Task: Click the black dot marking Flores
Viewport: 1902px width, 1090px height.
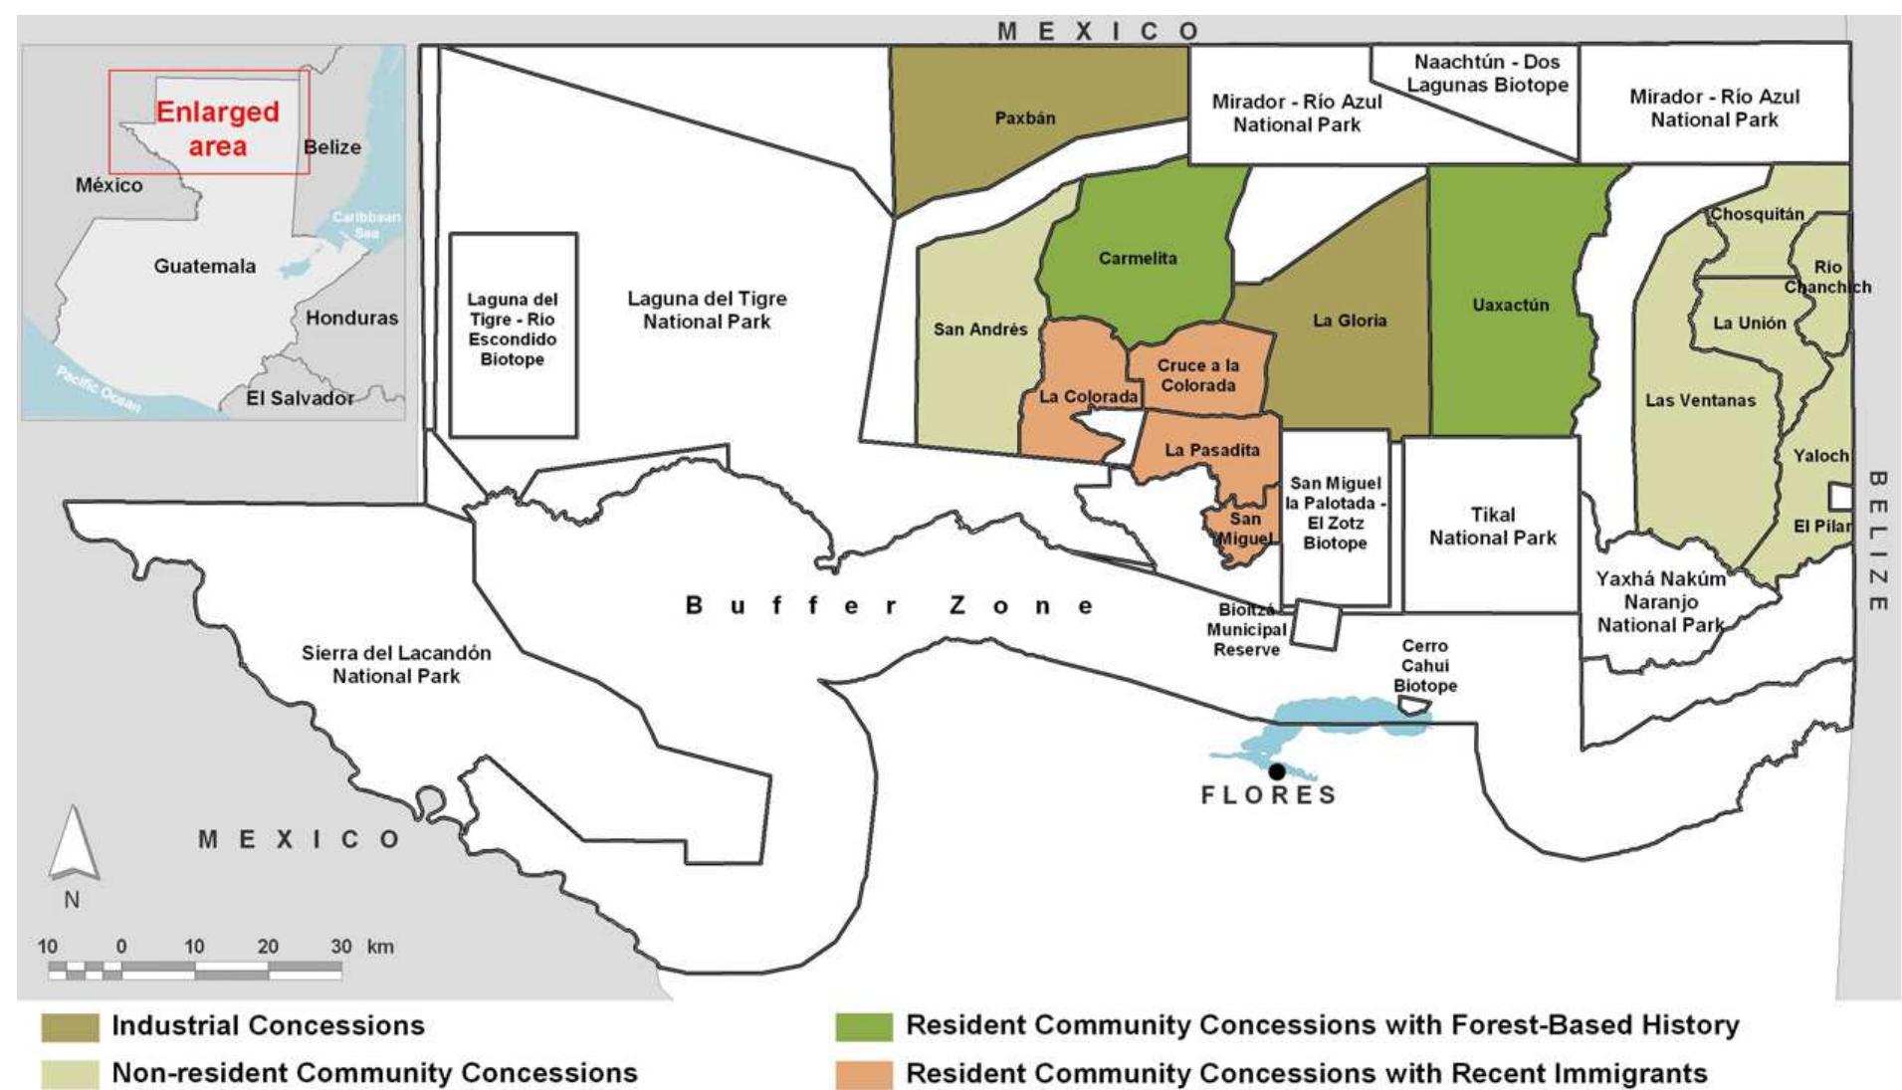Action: coord(1277,771)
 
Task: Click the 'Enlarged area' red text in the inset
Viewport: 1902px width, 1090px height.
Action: coord(217,128)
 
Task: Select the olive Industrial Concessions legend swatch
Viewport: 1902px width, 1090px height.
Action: coord(70,1026)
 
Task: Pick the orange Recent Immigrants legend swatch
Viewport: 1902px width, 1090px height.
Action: coord(864,1074)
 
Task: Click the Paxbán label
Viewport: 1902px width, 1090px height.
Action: coord(1025,117)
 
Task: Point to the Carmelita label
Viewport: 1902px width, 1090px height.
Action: coord(1138,258)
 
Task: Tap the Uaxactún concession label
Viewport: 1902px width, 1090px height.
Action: coord(1510,305)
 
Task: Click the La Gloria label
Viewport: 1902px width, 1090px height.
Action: coord(1350,320)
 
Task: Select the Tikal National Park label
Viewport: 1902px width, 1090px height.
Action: coord(1493,526)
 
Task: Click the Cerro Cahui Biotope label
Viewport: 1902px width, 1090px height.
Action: coord(1424,665)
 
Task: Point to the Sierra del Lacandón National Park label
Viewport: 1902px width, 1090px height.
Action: coord(396,664)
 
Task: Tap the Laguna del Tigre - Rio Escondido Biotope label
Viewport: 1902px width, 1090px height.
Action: coord(513,328)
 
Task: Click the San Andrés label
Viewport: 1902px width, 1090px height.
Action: coord(979,328)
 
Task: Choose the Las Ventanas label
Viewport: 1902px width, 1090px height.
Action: coord(1700,400)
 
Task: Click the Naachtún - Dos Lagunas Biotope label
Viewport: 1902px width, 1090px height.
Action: coord(1487,73)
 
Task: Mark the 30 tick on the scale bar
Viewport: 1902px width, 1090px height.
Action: coord(341,947)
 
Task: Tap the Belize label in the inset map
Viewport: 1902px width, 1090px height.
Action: coord(332,147)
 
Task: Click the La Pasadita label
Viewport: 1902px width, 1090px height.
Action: coord(1211,450)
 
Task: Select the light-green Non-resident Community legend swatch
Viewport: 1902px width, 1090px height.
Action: coord(70,1074)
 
